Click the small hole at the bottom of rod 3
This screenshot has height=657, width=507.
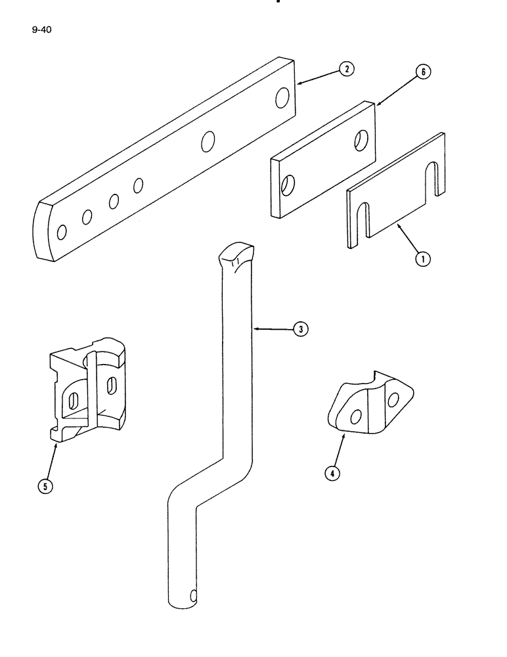point(192,597)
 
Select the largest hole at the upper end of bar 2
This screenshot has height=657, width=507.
point(282,99)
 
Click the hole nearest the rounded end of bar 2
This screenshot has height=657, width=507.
point(62,231)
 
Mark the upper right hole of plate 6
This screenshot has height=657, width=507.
point(361,139)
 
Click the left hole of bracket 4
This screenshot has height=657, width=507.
point(355,417)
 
